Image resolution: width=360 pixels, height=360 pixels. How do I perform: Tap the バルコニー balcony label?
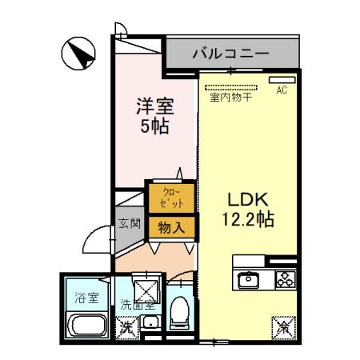click(230, 54)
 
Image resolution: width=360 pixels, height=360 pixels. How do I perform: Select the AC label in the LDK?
click(281, 90)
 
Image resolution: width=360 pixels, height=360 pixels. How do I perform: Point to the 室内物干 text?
click(230, 98)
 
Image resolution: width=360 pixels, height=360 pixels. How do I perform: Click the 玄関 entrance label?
click(130, 224)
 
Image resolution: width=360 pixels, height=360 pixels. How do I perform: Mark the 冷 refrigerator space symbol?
click(284, 326)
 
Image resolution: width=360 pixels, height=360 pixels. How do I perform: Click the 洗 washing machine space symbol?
click(126, 326)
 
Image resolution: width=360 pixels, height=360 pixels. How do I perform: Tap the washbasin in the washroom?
click(150, 325)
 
